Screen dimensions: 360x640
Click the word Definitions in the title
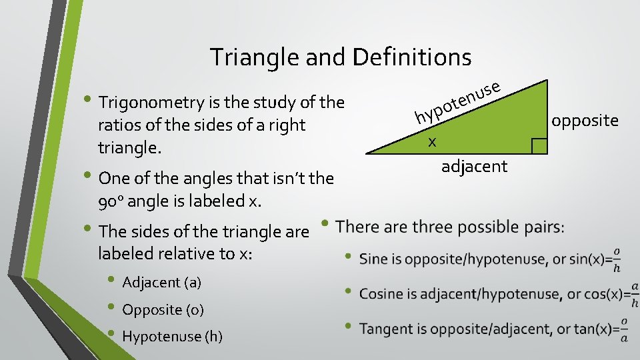pyautogui.click(x=411, y=57)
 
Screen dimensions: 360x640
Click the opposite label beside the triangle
pyautogui.click(x=585, y=121)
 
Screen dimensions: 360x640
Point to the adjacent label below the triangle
pyautogui.click(x=474, y=166)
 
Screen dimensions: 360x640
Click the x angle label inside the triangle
pyautogui.click(x=433, y=141)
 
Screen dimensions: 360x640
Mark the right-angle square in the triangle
pyautogui.click(x=539, y=145)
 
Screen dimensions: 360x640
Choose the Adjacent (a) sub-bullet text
pyautogui.click(x=161, y=283)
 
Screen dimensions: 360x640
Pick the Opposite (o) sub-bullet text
pyautogui.click(x=163, y=310)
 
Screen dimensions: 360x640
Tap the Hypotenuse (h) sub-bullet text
pyautogui.click(x=172, y=337)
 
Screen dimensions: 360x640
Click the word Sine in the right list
pyautogui.click(x=373, y=259)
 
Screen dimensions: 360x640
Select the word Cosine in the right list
pyautogui.click(x=380, y=293)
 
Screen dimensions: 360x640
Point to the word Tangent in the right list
pyautogui.click(x=384, y=329)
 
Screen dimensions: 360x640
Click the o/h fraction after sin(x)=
pyautogui.click(x=617, y=259)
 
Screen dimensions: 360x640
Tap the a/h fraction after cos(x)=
pyautogui.click(x=635, y=294)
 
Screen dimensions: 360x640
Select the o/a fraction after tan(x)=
pyautogui.click(x=624, y=329)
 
